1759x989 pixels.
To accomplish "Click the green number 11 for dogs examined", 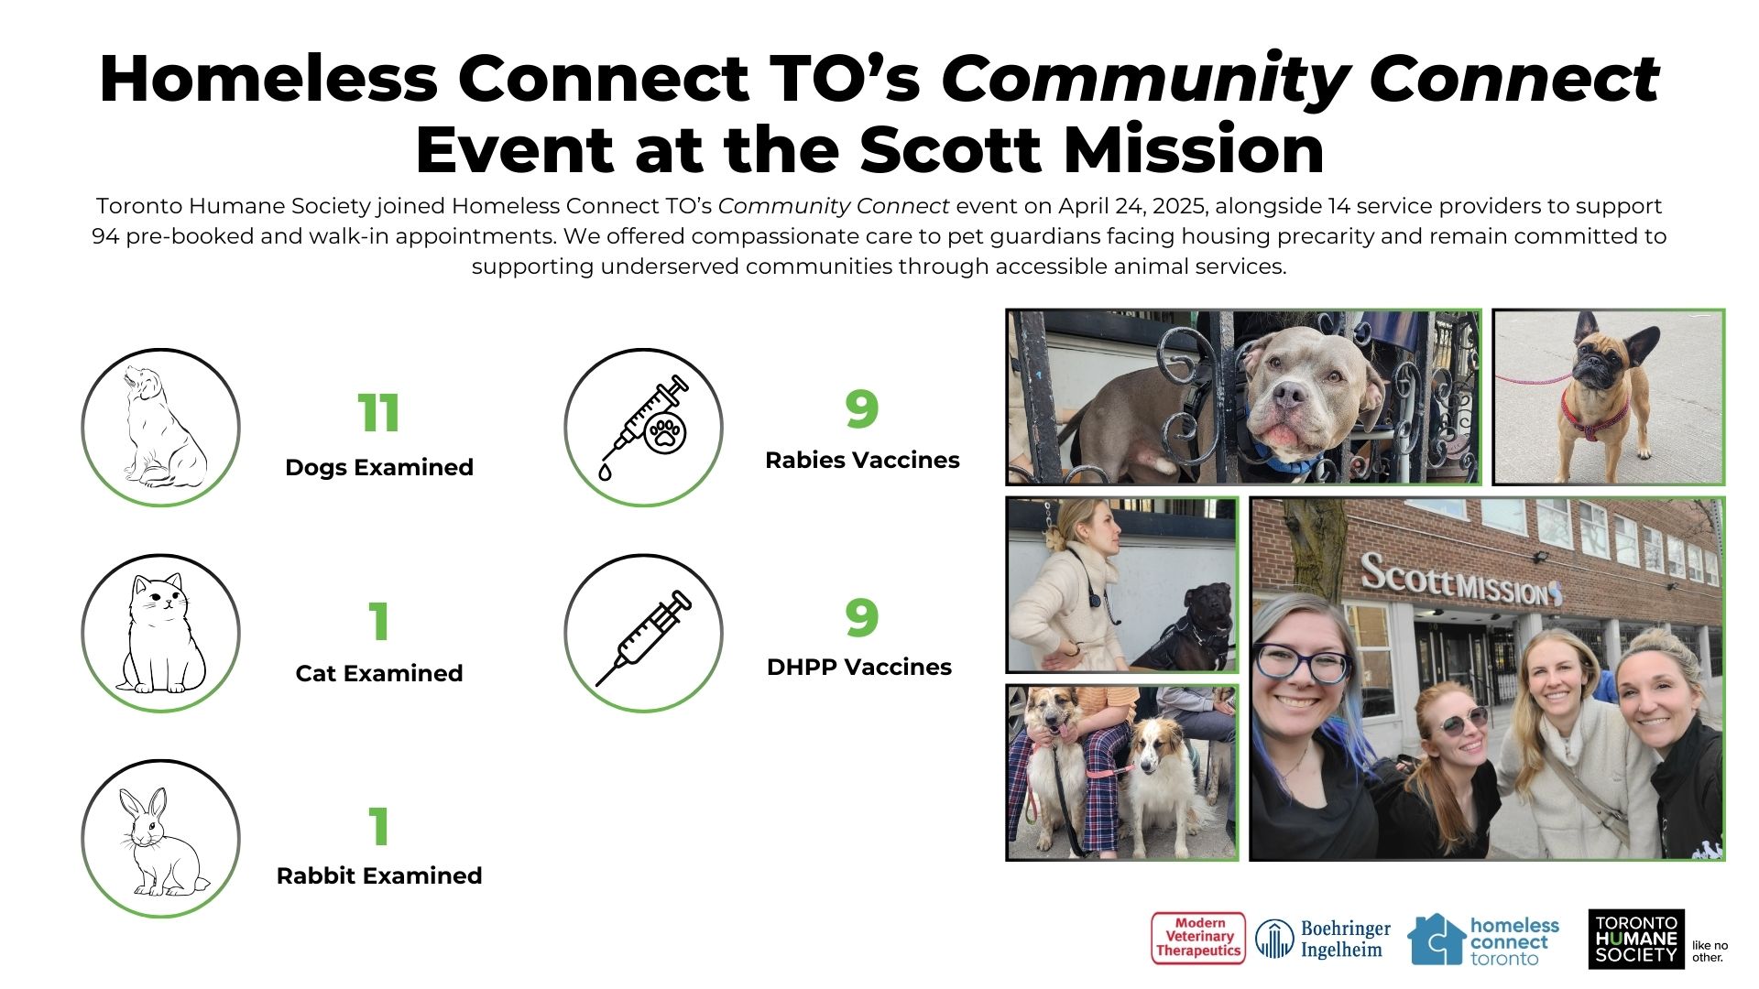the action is (x=378, y=413).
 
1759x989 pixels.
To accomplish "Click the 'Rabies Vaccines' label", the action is (x=862, y=460).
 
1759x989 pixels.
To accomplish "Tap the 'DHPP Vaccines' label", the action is (x=859, y=667).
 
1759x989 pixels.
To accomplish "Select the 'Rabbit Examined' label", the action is (x=379, y=875).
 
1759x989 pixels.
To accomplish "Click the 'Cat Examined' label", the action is (x=379, y=673).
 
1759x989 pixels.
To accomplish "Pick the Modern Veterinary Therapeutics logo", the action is (x=1198, y=939).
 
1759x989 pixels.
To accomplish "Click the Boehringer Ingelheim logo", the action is (x=1323, y=940).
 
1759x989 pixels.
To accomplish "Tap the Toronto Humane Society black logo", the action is (x=1636, y=939).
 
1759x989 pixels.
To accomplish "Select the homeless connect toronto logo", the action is (x=1483, y=940).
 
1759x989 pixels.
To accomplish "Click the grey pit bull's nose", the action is (x=1290, y=395).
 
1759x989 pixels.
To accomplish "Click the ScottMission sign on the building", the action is (x=1460, y=581).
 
